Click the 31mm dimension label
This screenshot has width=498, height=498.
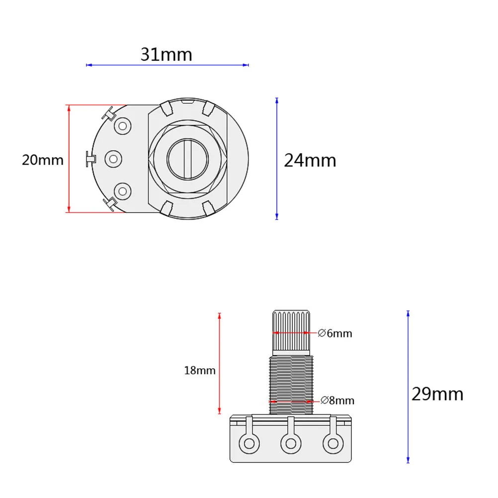click(166, 54)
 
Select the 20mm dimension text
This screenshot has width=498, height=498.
click(42, 160)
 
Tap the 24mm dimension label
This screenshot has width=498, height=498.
click(310, 161)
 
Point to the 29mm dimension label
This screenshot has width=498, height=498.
click(437, 394)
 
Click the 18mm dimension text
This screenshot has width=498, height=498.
click(199, 370)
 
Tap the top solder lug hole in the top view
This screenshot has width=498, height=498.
click(122, 126)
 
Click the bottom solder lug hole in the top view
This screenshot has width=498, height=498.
click(122, 191)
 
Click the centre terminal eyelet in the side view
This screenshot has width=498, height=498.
click(290, 442)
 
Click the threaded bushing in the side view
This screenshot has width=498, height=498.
click(291, 383)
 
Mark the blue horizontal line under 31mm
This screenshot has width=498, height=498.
click(167, 65)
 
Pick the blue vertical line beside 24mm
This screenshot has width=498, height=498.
click(277, 159)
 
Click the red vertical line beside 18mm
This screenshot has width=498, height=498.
click(219, 363)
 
